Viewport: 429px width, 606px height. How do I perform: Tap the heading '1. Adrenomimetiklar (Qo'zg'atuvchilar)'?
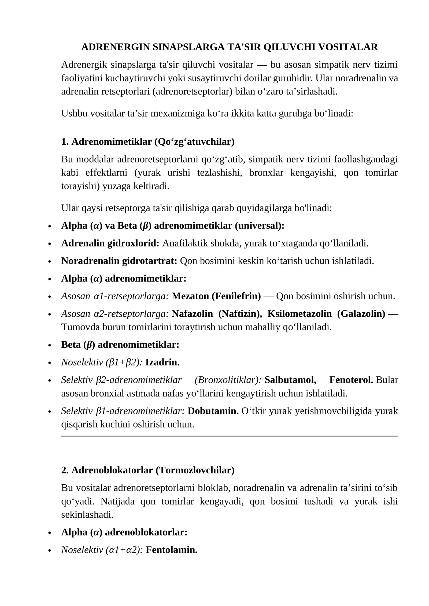(148, 142)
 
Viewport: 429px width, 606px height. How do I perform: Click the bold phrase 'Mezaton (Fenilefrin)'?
(216, 296)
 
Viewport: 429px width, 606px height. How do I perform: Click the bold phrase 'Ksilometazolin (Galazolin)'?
(326, 313)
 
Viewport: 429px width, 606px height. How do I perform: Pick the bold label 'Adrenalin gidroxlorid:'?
(110, 243)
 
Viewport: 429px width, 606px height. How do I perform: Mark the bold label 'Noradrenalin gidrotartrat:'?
(119, 261)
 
